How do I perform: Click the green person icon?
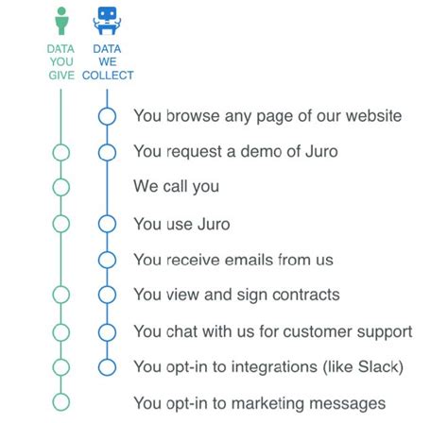(61, 21)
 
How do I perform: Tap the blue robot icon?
(107, 20)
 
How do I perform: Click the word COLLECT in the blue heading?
(108, 76)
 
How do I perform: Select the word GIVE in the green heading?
(61, 76)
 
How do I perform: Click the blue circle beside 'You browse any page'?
(98, 116)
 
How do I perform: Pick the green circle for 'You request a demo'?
(53, 153)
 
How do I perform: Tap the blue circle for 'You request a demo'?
(98, 153)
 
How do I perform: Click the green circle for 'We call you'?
(53, 187)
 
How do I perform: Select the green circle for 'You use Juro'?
(53, 224)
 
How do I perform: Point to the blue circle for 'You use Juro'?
(98, 224)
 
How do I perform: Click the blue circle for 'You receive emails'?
(98, 260)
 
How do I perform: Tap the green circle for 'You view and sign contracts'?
(53, 295)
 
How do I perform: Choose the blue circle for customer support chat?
(98, 332)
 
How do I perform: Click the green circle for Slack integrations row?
(53, 367)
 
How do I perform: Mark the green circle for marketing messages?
(53, 402)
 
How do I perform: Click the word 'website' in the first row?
(373, 116)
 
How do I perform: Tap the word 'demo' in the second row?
(261, 151)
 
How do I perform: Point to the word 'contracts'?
(306, 295)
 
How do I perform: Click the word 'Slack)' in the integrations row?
(381, 366)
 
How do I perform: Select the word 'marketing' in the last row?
(268, 404)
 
